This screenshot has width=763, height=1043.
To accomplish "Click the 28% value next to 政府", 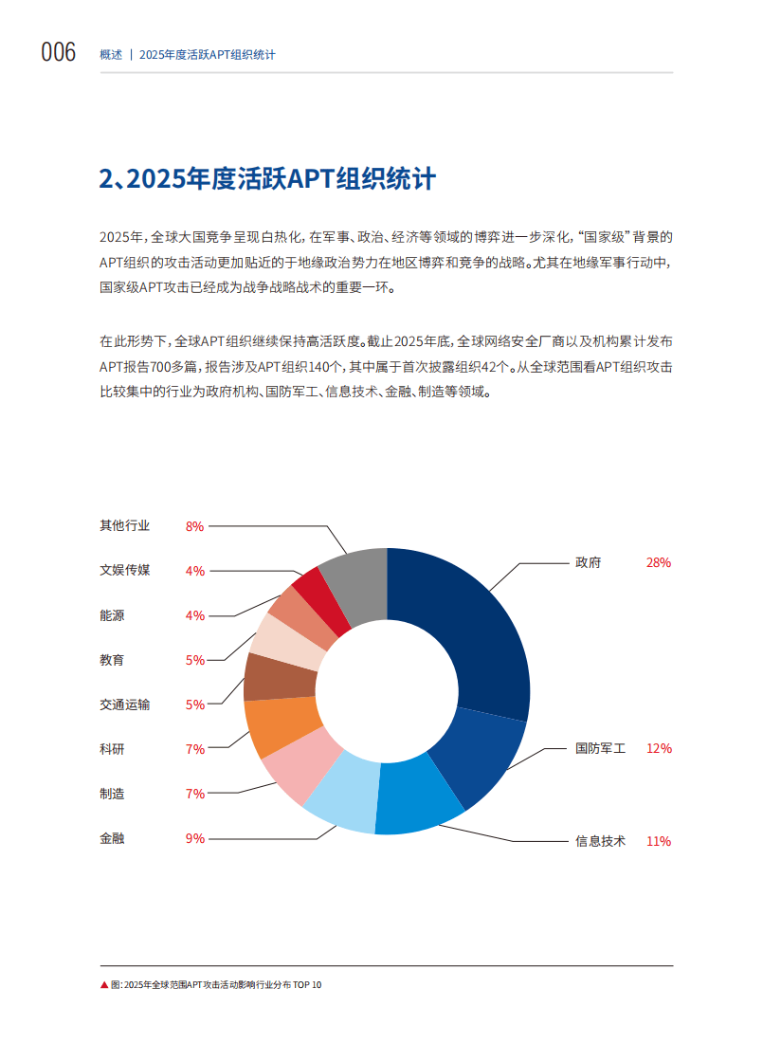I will pos(658,562).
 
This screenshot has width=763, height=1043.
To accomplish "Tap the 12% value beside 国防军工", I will pos(658,748).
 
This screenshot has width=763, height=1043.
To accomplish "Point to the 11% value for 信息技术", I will pos(658,841).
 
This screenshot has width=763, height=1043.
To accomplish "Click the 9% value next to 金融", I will pos(195,838).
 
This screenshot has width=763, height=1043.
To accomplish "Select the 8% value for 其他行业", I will pos(195,526).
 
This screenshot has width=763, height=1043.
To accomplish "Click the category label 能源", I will pos(112,615).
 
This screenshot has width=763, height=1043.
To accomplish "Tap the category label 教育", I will pos(112,660).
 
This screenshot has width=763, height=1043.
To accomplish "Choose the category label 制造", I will pos(112,794).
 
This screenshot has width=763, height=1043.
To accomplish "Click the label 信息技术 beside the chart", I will pos(600,841).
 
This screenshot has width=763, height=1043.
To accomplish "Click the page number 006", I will pos(59,53).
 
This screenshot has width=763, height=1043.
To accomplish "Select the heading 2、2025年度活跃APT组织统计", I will pos(267,179).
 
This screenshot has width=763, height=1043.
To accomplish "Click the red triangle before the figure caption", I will pos(104,985).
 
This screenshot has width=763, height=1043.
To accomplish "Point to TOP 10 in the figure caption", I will pos(308,985).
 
